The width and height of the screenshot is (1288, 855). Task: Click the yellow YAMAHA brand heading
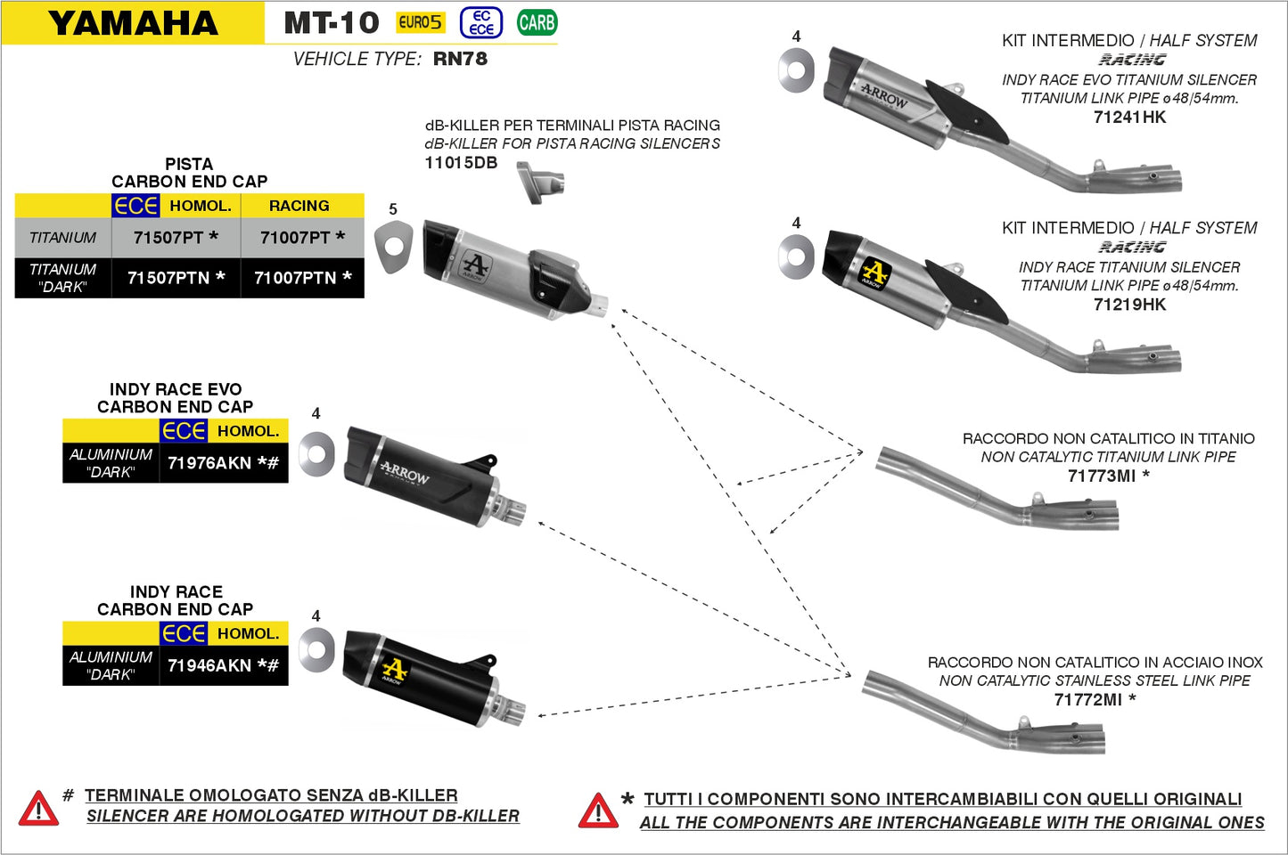[x=133, y=23]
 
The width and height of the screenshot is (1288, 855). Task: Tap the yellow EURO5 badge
[x=420, y=22]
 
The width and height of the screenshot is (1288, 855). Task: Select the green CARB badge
[x=537, y=22]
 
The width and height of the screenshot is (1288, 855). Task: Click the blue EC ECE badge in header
[x=481, y=22]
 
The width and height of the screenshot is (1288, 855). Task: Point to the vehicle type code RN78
[x=460, y=59]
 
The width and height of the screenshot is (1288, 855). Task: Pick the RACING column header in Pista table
[x=299, y=206]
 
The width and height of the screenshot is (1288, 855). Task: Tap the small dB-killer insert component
[x=540, y=182]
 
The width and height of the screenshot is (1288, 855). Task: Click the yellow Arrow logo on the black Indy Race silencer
[x=393, y=670]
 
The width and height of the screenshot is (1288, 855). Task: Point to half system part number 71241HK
[x=1129, y=117]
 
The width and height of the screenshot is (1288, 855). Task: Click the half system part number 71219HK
[x=1129, y=305]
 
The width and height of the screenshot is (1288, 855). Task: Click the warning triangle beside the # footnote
[x=38, y=809]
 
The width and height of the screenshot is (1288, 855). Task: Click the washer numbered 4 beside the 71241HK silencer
[x=796, y=70]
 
